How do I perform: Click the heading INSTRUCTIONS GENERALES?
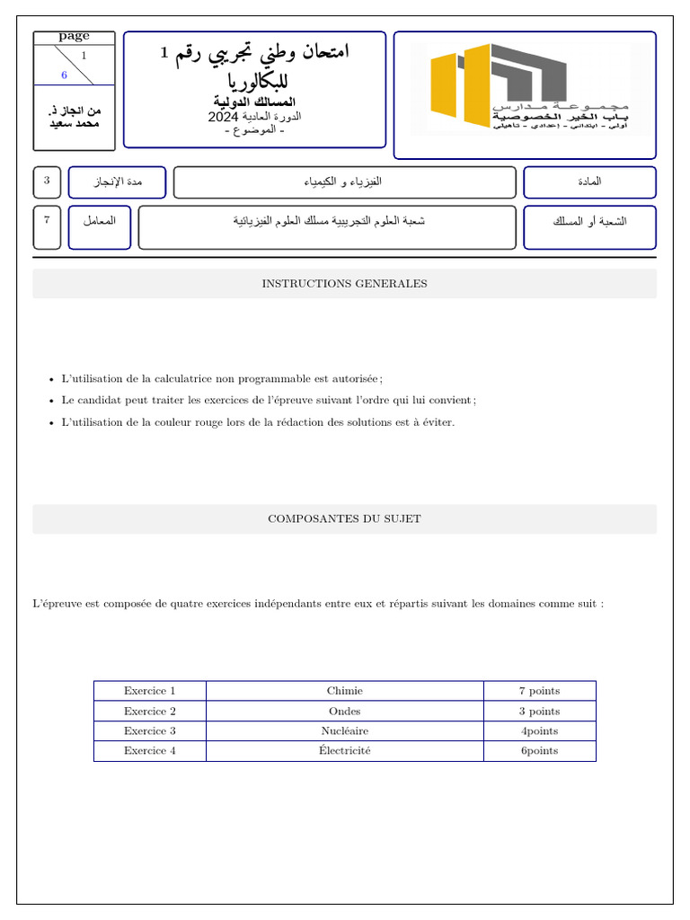click(344, 284)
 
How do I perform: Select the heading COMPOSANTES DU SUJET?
click(344, 519)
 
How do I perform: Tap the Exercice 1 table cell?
click(149, 691)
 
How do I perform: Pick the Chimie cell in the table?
click(344, 691)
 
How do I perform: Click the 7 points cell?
click(539, 691)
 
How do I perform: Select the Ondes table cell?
click(344, 712)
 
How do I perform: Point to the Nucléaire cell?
click(344, 731)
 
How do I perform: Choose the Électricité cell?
click(344, 751)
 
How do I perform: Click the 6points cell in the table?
click(539, 751)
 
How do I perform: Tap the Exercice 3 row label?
click(149, 731)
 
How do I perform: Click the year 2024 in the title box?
click(221, 118)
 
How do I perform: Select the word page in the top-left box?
click(74, 37)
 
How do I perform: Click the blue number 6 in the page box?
click(64, 75)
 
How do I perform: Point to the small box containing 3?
click(47, 181)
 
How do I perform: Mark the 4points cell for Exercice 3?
click(539, 731)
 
